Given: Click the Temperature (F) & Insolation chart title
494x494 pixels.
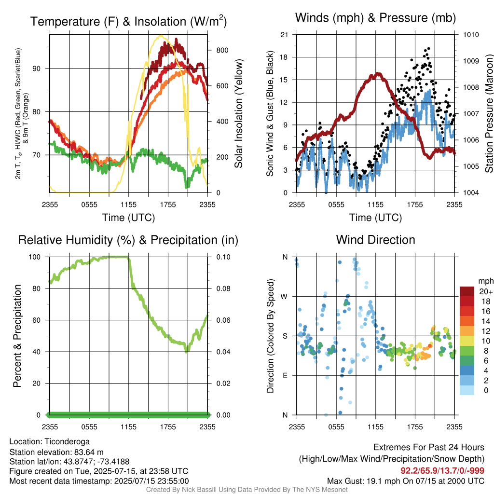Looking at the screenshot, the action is pos(128,21).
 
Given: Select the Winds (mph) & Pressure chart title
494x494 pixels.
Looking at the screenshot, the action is pos(375,18).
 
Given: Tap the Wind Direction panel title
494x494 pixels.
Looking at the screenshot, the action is pos(375,240).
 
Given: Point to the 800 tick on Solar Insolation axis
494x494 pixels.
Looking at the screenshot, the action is pos(222,50).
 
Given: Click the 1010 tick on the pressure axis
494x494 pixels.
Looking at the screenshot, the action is pos(471,35).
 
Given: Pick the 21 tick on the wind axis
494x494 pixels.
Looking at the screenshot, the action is pos(284,35).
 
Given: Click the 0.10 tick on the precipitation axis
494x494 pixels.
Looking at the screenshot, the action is pos(223,257).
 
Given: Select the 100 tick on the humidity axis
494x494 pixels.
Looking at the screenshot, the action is pos(35,257).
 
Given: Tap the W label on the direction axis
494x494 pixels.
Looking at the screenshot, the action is pos(284,297).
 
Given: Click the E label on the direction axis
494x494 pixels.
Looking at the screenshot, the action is pos(285,375).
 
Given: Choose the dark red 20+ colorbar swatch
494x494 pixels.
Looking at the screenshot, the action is pos(467,291).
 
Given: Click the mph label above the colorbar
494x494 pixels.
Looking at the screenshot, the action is pos(486,281).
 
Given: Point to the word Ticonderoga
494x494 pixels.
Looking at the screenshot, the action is pos(67,442).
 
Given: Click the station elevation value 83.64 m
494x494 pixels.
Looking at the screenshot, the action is pos(89,453).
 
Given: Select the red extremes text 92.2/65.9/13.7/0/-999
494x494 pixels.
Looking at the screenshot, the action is pos(442,471).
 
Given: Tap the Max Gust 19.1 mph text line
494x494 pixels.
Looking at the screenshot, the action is pos(406,481).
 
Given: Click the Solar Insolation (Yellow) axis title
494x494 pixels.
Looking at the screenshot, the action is pos(238,113).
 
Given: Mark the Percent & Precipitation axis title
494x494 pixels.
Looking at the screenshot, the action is pos(17,336).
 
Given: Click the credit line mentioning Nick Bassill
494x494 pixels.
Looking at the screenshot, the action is pos(247,490).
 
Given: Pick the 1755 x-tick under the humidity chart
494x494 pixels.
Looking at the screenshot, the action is pos(168,427).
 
